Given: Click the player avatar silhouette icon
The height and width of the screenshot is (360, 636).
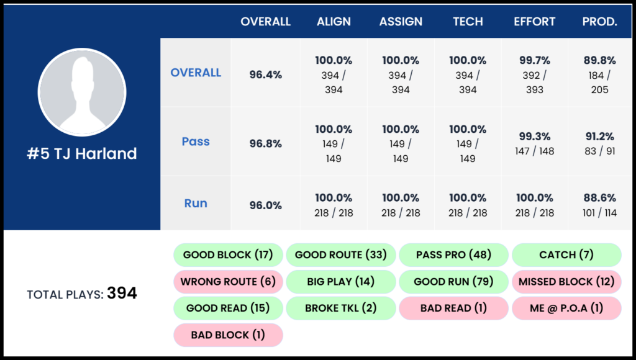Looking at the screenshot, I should (x=82, y=92).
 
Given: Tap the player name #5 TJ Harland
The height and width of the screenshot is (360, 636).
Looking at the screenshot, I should (x=82, y=154).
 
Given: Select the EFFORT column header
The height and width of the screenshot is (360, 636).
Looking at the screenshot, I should (x=534, y=22).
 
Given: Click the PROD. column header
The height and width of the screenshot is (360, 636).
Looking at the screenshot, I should (x=599, y=22).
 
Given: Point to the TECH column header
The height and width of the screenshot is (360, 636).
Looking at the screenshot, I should (x=468, y=22).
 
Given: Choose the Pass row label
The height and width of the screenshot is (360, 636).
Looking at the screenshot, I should (x=196, y=142).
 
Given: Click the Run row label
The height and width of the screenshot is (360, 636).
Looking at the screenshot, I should (x=196, y=204).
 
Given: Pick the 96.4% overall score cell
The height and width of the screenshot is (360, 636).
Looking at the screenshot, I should (x=266, y=74).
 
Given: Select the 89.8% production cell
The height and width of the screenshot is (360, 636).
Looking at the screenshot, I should (x=599, y=74).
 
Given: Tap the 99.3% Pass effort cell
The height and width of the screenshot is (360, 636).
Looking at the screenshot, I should (x=534, y=142).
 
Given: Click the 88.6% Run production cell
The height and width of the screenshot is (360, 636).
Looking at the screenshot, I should (x=599, y=205).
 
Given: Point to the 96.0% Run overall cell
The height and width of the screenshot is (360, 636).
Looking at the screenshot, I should (x=266, y=205).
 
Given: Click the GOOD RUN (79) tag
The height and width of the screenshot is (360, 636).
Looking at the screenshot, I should (x=453, y=281).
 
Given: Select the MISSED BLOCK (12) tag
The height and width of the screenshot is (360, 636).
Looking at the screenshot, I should (x=566, y=281).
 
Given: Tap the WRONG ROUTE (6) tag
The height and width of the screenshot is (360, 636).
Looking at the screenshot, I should (x=228, y=281).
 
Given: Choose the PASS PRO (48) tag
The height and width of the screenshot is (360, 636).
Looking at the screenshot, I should (x=453, y=254).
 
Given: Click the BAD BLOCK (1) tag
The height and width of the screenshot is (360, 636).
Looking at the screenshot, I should (x=228, y=335).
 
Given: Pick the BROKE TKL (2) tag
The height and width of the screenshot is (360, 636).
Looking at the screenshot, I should (x=340, y=308).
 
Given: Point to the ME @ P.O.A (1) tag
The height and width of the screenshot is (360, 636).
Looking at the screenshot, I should (x=566, y=308).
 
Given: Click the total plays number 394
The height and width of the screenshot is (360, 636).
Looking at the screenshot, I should (x=122, y=294).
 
